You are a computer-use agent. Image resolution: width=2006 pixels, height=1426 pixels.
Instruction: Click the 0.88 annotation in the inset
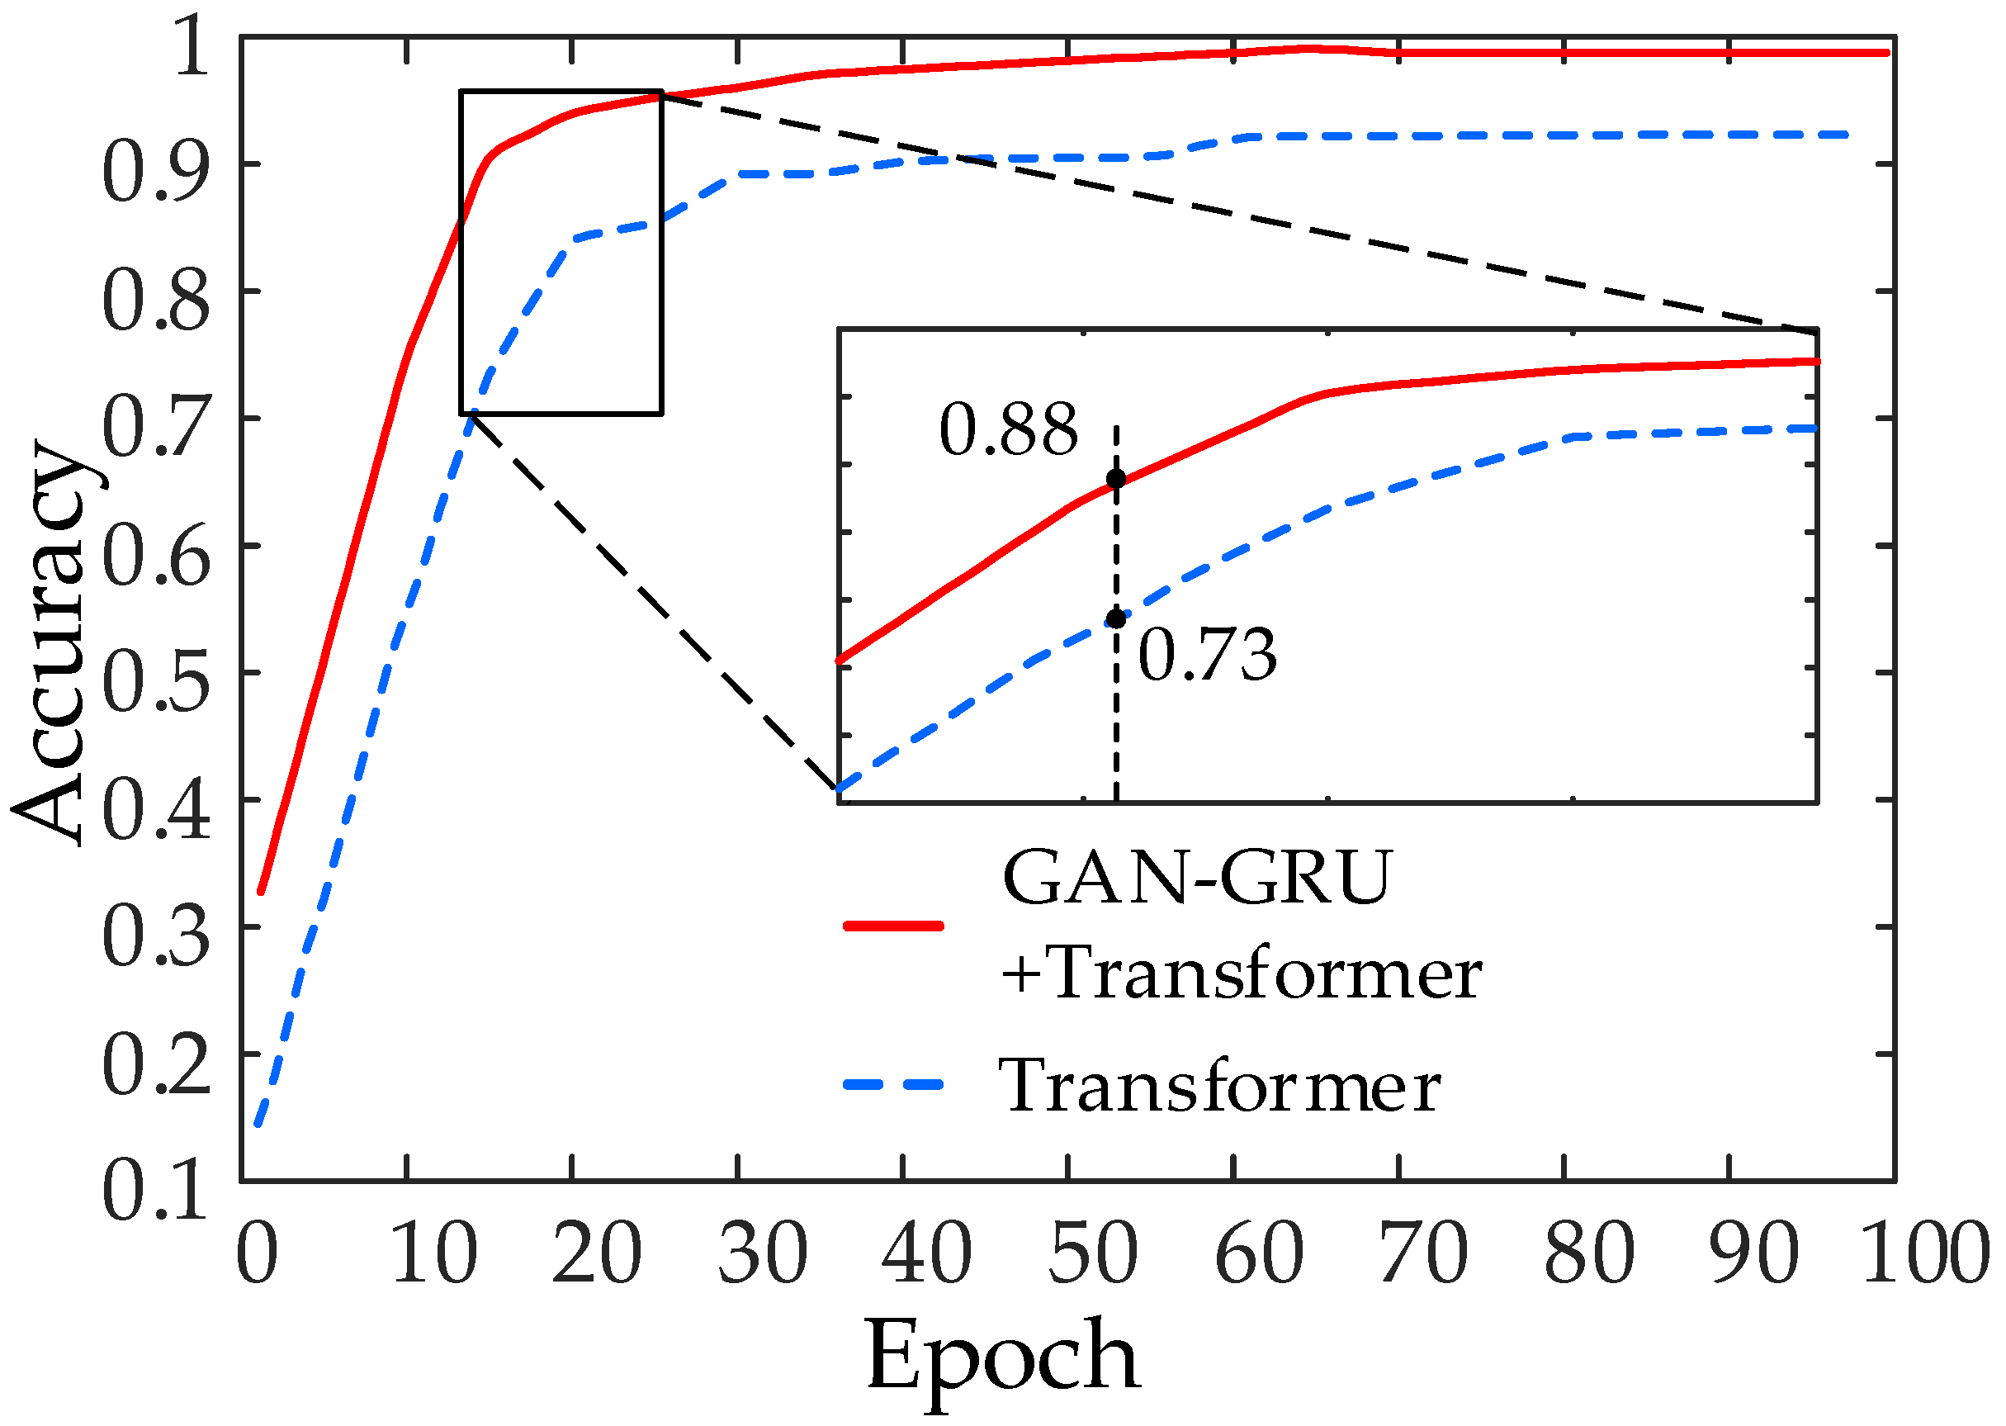1008,430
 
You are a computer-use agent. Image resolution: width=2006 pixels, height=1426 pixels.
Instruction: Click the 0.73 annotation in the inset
1207,655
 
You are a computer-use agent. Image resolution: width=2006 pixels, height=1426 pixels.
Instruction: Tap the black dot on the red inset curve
1116,479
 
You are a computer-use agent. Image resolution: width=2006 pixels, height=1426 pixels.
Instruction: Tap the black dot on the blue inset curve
1116,619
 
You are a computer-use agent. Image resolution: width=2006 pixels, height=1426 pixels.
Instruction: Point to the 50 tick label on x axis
1092,1255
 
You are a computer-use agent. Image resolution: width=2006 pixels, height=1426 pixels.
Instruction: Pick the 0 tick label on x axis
258,1255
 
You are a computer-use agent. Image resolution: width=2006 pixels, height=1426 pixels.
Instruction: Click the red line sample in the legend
893,926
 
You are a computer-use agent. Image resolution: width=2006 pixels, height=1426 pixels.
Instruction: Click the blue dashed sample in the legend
893,1085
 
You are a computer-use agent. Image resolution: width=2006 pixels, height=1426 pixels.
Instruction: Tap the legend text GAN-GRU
1195,878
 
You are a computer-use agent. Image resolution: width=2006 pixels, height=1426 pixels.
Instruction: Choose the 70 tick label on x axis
1424,1255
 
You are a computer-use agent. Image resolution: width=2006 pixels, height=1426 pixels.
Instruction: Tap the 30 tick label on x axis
762,1255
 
